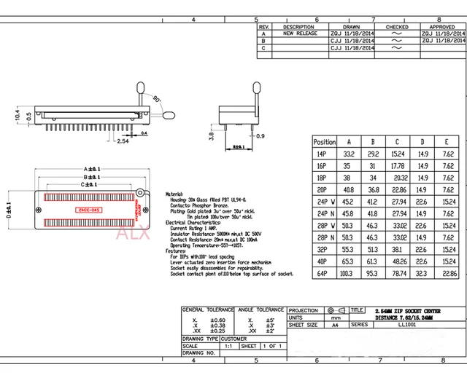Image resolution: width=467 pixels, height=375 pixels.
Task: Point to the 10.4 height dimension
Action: pyautogui.click(x=18, y=114)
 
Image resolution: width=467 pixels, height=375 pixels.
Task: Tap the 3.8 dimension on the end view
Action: pyautogui.click(x=210, y=134)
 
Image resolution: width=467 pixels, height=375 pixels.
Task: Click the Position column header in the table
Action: pyautogui.click(x=324, y=142)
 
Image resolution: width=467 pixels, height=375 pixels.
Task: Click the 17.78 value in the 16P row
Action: pyautogui.click(x=398, y=166)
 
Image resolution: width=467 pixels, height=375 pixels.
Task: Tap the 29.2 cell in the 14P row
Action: pyautogui.click(x=373, y=154)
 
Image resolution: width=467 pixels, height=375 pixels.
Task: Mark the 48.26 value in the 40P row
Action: pyautogui.click(x=398, y=260)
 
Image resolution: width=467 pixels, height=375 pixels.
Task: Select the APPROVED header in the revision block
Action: pyautogui.click(x=442, y=27)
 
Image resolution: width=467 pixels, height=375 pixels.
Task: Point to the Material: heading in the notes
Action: pyautogui.click(x=174, y=194)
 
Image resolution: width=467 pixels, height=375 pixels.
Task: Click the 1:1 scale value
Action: pyautogui.click(x=228, y=346)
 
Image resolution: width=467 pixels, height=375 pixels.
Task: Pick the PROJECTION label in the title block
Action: pyautogui.click(x=304, y=310)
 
